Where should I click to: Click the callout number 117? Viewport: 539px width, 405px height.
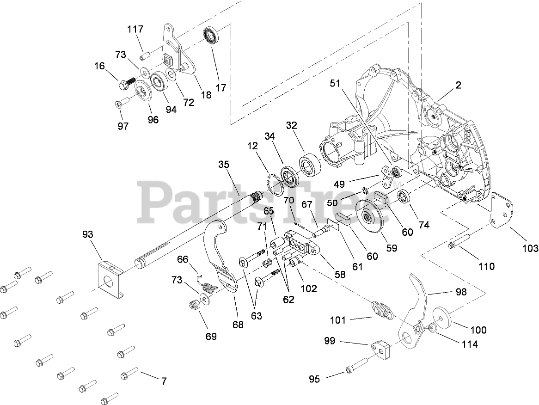[x=135, y=30]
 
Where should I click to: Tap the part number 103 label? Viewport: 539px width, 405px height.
[x=529, y=248]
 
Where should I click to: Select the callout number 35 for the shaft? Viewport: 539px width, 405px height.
[x=224, y=165]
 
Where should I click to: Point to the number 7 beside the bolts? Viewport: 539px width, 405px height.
[x=163, y=381]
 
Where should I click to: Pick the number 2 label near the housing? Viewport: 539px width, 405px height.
[x=458, y=85]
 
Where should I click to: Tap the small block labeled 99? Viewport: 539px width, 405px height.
[x=380, y=350]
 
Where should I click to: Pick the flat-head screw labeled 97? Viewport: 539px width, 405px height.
[x=120, y=104]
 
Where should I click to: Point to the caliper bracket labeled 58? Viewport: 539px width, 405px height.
[x=303, y=244]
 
